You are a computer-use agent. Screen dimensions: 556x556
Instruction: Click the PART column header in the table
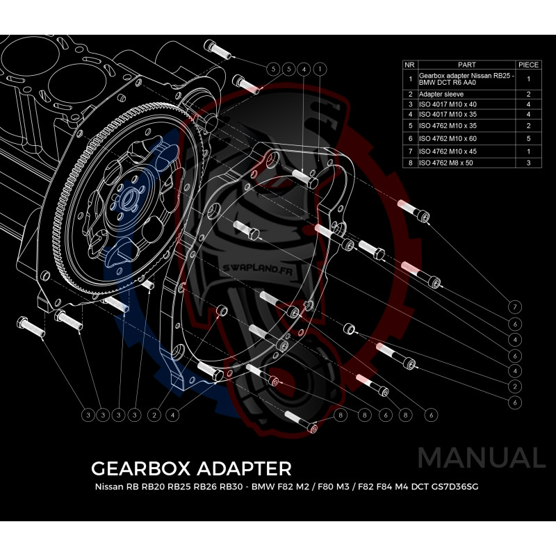467,65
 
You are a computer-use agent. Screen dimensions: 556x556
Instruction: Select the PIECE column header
529,65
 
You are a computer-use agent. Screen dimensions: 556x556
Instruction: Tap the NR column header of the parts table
410,65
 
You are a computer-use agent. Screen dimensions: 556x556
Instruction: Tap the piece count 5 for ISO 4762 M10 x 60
529,139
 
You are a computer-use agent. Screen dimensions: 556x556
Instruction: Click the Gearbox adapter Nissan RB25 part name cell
466,79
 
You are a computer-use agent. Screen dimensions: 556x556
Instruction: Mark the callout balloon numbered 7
515,306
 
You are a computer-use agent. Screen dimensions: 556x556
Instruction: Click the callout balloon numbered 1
319,69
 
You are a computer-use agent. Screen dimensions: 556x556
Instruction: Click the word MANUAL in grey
482,458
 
